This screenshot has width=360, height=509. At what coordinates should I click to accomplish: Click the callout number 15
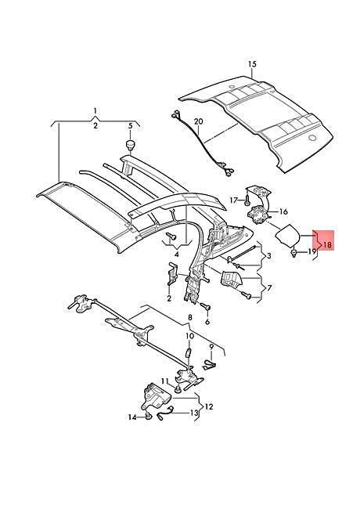(x=252, y=64)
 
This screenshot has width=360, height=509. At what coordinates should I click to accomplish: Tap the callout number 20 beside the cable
(x=199, y=121)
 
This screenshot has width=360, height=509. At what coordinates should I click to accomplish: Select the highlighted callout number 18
(x=328, y=244)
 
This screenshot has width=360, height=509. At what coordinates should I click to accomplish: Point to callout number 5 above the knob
(x=131, y=125)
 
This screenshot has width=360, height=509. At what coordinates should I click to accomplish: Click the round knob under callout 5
(x=131, y=144)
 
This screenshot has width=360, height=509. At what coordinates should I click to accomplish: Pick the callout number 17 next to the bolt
(x=234, y=200)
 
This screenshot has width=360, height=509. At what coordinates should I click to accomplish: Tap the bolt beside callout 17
(x=247, y=201)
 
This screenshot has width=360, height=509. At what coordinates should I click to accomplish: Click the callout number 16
(x=283, y=212)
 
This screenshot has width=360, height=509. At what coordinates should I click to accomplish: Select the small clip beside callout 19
(x=294, y=253)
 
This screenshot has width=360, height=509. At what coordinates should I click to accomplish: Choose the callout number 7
(x=269, y=287)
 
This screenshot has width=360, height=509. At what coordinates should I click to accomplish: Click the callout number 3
(x=268, y=256)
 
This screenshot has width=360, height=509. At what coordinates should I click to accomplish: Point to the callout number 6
(x=207, y=322)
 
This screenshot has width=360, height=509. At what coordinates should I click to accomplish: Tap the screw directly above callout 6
(x=206, y=306)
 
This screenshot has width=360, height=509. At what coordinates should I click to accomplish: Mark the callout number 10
(x=189, y=336)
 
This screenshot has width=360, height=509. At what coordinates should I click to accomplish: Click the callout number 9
(x=211, y=348)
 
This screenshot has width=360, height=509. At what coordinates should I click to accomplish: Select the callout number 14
(x=132, y=417)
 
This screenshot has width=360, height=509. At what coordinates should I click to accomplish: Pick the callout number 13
(x=193, y=413)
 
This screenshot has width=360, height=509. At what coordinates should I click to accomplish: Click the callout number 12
(x=209, y=406)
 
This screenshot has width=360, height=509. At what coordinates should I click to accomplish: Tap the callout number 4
(x=176, y=254)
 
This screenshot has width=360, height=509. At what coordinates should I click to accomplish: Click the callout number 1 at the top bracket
(x=95, y=110)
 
